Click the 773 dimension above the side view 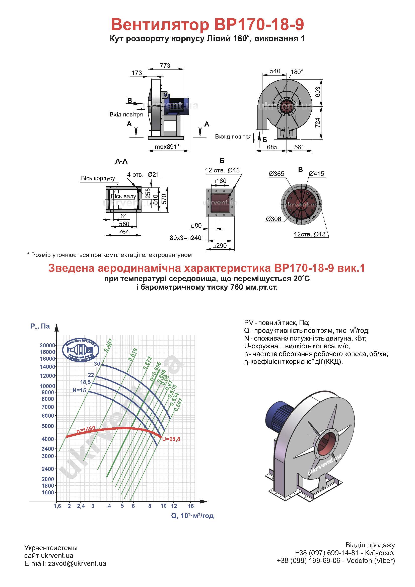coord(165,66)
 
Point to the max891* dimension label coord(167,147)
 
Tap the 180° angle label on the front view coord(297,72)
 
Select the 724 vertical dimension coord(317,123)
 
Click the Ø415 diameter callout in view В coord(316,174)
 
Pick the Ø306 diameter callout coord(273,219)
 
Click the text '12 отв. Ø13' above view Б coord(222,170)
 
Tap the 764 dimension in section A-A coord(124,232)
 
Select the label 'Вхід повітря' coord(126,114)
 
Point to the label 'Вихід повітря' coord(233,137)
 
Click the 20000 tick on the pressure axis coord(47,345)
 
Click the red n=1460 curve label coord(86,430)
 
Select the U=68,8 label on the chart coord(171,439)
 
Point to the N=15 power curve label coord(80,390)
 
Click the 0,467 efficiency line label coord(109,345)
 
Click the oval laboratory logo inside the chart coord(81,350)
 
